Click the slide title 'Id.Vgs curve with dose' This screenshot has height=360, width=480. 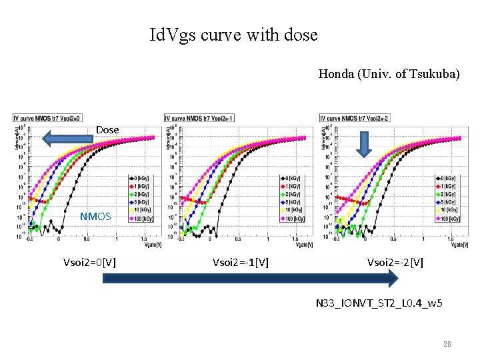233,34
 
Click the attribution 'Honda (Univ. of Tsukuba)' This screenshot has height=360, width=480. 389,74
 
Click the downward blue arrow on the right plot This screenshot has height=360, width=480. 363,144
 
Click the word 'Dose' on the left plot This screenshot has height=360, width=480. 107,129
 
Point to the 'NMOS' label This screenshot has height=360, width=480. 95,216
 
